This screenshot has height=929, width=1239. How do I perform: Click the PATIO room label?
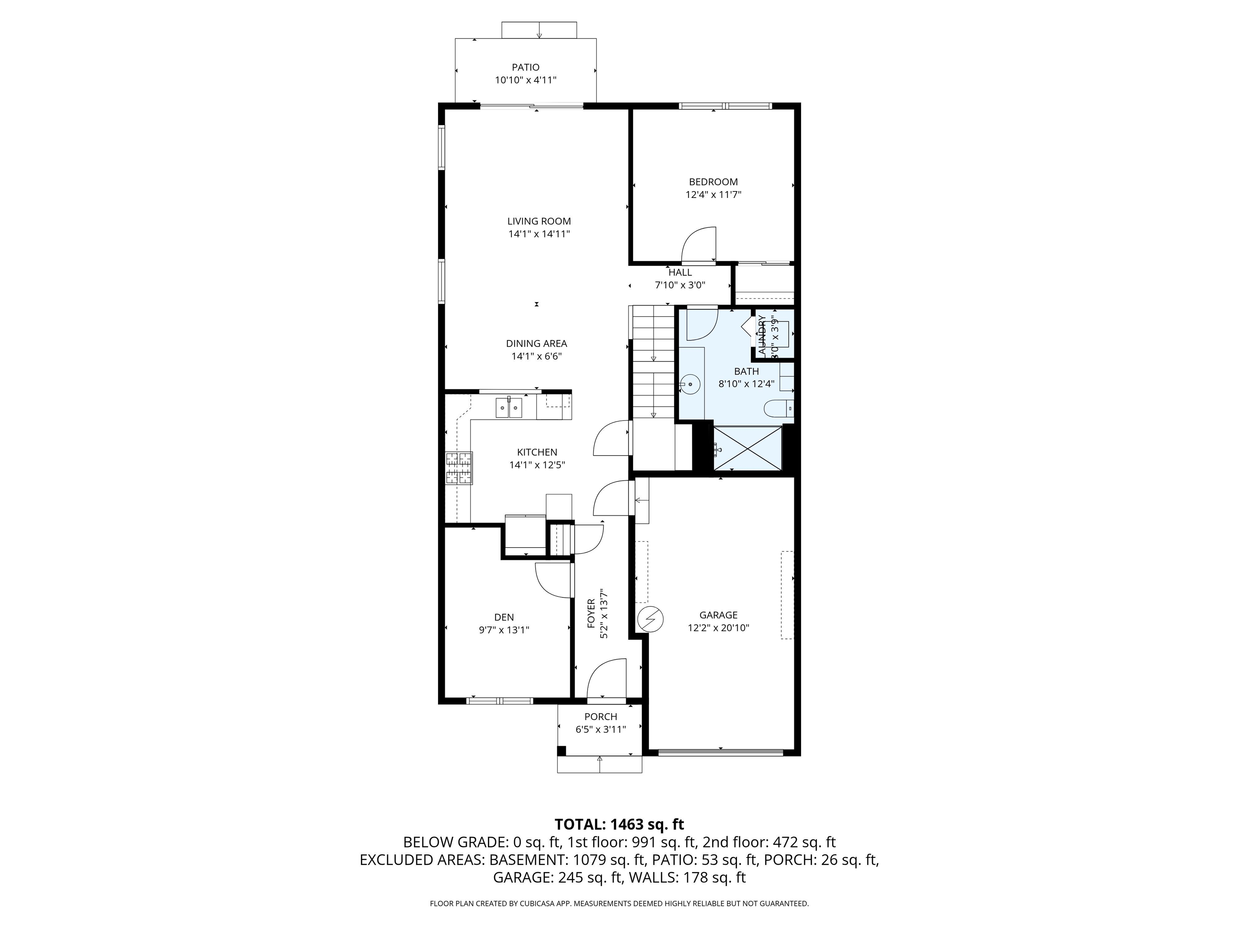(x=526, y=67)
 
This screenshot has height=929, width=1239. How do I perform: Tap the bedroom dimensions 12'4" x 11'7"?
(x=713, y=195)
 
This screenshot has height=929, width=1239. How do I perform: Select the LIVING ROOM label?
(x=539, y=221)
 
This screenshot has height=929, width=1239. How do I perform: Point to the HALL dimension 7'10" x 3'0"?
(x=680, y=285)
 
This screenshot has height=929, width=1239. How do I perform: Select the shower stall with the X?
(x=747, y=448)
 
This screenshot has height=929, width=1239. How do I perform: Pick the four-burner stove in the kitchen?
(x=459, y=468)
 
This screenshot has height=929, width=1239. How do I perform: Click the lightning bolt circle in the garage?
(x=650, y=619)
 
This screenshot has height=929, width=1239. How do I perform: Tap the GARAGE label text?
(x=718, y=615)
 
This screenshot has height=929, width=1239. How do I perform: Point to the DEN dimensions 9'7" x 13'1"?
(x=504, y=630)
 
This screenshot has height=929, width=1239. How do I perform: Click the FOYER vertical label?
(x=591, y=613)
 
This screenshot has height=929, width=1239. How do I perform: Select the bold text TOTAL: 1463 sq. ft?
(x=619, y=824)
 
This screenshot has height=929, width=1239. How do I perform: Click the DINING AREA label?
(x=536, y=343)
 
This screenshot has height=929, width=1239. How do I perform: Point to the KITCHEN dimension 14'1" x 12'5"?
(x=536, y=465)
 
